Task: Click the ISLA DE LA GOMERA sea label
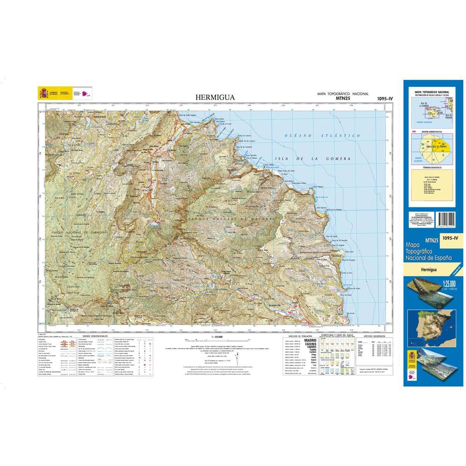pyautogui.click(x=313, y=159)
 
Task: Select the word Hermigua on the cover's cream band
pyautogui.click(x=428, y=268)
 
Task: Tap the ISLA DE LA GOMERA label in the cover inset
pyautogui.click(x=419, y=104)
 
